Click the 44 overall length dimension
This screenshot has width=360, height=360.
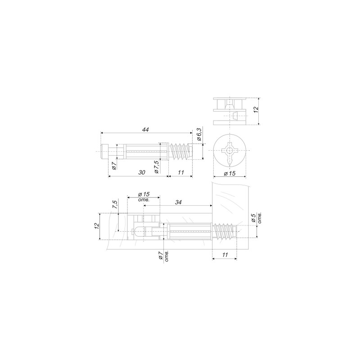145,130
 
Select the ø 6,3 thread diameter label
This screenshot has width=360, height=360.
199,135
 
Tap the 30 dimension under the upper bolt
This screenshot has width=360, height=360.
142,172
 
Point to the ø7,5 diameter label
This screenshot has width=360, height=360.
157,167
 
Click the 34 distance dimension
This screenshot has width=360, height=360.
178,202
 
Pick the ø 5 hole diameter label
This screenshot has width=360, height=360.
256,217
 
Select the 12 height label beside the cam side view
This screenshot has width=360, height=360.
256,109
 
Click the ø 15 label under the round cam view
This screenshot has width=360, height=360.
229,173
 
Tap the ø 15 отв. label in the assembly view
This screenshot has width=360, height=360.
144,197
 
